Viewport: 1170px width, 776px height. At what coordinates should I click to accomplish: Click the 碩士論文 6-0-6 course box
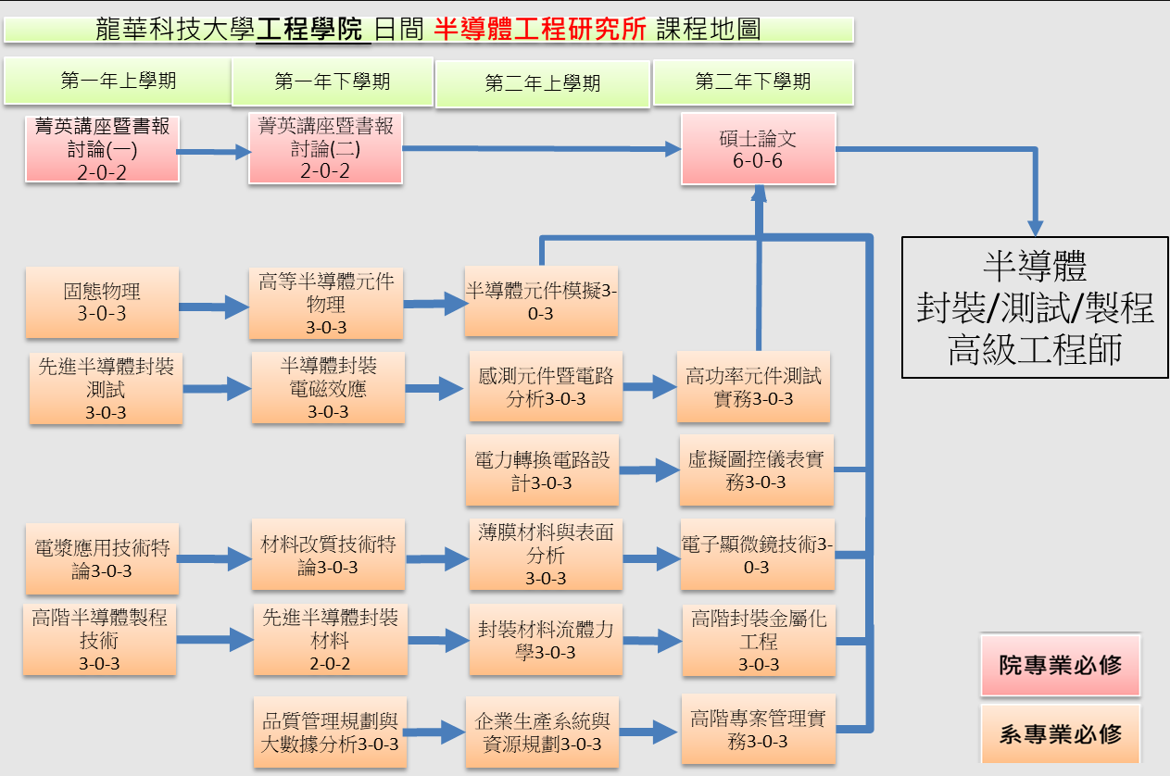(x=759, y=148)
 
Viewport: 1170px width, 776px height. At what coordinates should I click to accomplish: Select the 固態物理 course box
(x=102, y=302)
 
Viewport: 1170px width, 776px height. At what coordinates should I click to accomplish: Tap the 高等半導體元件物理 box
(x=326, y=303)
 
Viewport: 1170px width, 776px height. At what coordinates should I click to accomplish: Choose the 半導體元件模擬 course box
(x=541, y=302)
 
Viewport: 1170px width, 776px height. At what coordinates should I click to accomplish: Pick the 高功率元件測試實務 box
(x=753, y=387)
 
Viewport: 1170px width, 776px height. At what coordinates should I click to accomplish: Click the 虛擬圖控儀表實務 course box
(x=756, y=470)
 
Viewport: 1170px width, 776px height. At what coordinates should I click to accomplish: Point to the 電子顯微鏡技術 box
(x=758, y=556)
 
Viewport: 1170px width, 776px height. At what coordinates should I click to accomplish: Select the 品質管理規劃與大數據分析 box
(x=329, y=732)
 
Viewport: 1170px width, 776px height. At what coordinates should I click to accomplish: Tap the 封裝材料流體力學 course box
(x=545, y=640)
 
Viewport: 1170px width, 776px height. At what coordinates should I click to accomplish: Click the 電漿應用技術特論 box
(x=102, y=557)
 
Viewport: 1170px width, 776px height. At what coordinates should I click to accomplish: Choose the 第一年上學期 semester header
(x=118, y=81)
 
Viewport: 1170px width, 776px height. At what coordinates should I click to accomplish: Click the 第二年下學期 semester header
(x=753, y=82)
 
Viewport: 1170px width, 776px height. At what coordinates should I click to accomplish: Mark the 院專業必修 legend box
(x=1060, y=665)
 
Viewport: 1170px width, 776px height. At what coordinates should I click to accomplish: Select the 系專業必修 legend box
(x=1060, y=734)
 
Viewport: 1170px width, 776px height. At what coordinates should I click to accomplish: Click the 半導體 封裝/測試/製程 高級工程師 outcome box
(x=1035, y=307)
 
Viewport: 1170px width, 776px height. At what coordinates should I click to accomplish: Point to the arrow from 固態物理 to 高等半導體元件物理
(x=213, y=304)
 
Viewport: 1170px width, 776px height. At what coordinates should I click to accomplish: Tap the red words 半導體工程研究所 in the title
(x=540, y=30)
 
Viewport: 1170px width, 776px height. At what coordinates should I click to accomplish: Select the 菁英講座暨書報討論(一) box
(x=102, y=149)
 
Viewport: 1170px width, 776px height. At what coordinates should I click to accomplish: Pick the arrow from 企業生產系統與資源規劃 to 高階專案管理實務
(x=649, y=732)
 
